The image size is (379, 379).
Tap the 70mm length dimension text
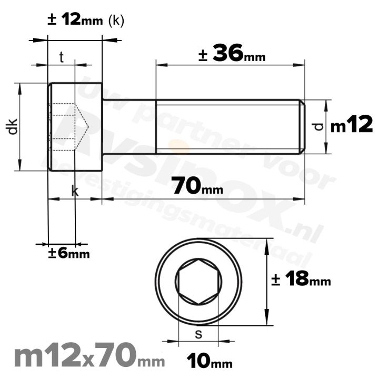tap(197, 186)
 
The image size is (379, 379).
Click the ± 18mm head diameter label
tap(301, 280)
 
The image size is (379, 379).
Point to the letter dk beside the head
tap(13, 126)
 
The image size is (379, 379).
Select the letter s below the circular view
tap(198, 333)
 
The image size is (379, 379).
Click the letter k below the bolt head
tap(75, 192)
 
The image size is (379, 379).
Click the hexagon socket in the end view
tap(198, 283)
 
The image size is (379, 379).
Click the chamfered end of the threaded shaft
tap(302, 126)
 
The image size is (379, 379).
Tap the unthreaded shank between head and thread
tap(129, 126)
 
